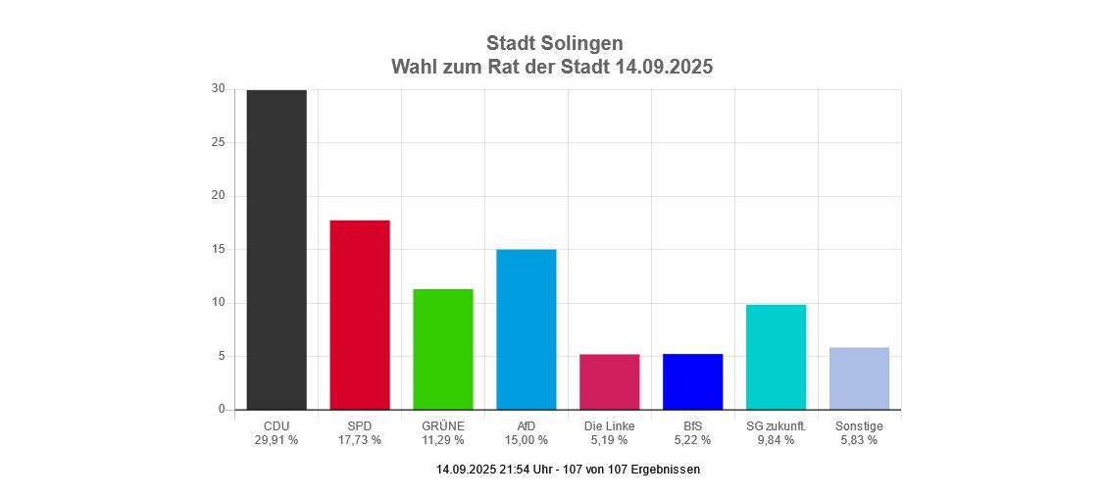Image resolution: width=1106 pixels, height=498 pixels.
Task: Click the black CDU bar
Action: click(x=276, y=249)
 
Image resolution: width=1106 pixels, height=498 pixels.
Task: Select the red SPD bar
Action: click(x=360, y=315)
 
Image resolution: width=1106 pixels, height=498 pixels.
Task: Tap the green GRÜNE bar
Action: click(x=443, y=349)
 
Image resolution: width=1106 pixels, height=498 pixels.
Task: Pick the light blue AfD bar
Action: click(x=527, y=329)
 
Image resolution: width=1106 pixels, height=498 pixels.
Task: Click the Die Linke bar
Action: click(x=610, y=381)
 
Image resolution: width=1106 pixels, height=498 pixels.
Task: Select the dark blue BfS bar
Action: click(x=693, y=381)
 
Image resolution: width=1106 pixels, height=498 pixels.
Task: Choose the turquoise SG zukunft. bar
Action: click(x=777, y=357)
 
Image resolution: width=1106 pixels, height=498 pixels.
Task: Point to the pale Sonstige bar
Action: click(x=860, y=378)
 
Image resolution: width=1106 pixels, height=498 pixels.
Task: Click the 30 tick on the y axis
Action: click(x=218, y=89)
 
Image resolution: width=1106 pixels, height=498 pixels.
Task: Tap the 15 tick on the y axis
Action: click(x=218, y=249)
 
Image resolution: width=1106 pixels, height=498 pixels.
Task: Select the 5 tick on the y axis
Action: click(x=221, y=356)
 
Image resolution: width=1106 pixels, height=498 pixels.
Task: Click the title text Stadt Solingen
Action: click(x=554, y=43)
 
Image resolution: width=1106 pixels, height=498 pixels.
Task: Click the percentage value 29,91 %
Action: click(x=276, y=440)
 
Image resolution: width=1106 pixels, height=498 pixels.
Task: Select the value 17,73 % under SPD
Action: click(x=360, y=440)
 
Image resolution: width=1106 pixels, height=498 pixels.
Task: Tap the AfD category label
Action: click(x=527, y=425)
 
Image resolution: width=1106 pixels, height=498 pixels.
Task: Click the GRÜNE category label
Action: click(x=443, y=425)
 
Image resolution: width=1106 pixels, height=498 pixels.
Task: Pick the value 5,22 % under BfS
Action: click(x=693, y=440)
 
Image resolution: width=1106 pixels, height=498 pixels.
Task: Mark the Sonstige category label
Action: click(x=860, y=425)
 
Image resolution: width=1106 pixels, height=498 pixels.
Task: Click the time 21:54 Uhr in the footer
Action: click(x=527, y=470)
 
